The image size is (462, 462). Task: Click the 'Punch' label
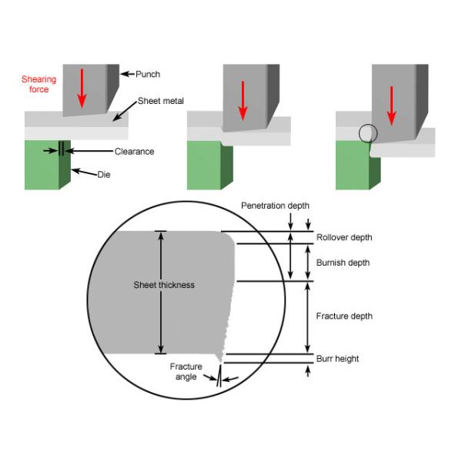148,74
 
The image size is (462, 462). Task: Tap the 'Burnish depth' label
343,263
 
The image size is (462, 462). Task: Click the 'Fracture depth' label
344,316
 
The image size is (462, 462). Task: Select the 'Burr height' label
337,359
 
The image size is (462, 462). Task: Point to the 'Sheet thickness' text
164,285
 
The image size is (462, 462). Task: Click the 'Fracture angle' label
185,372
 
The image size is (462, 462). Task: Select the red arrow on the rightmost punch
391,106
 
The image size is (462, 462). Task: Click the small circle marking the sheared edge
368,134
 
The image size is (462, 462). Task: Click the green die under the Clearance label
45,165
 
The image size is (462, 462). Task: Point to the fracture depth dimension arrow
309,316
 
